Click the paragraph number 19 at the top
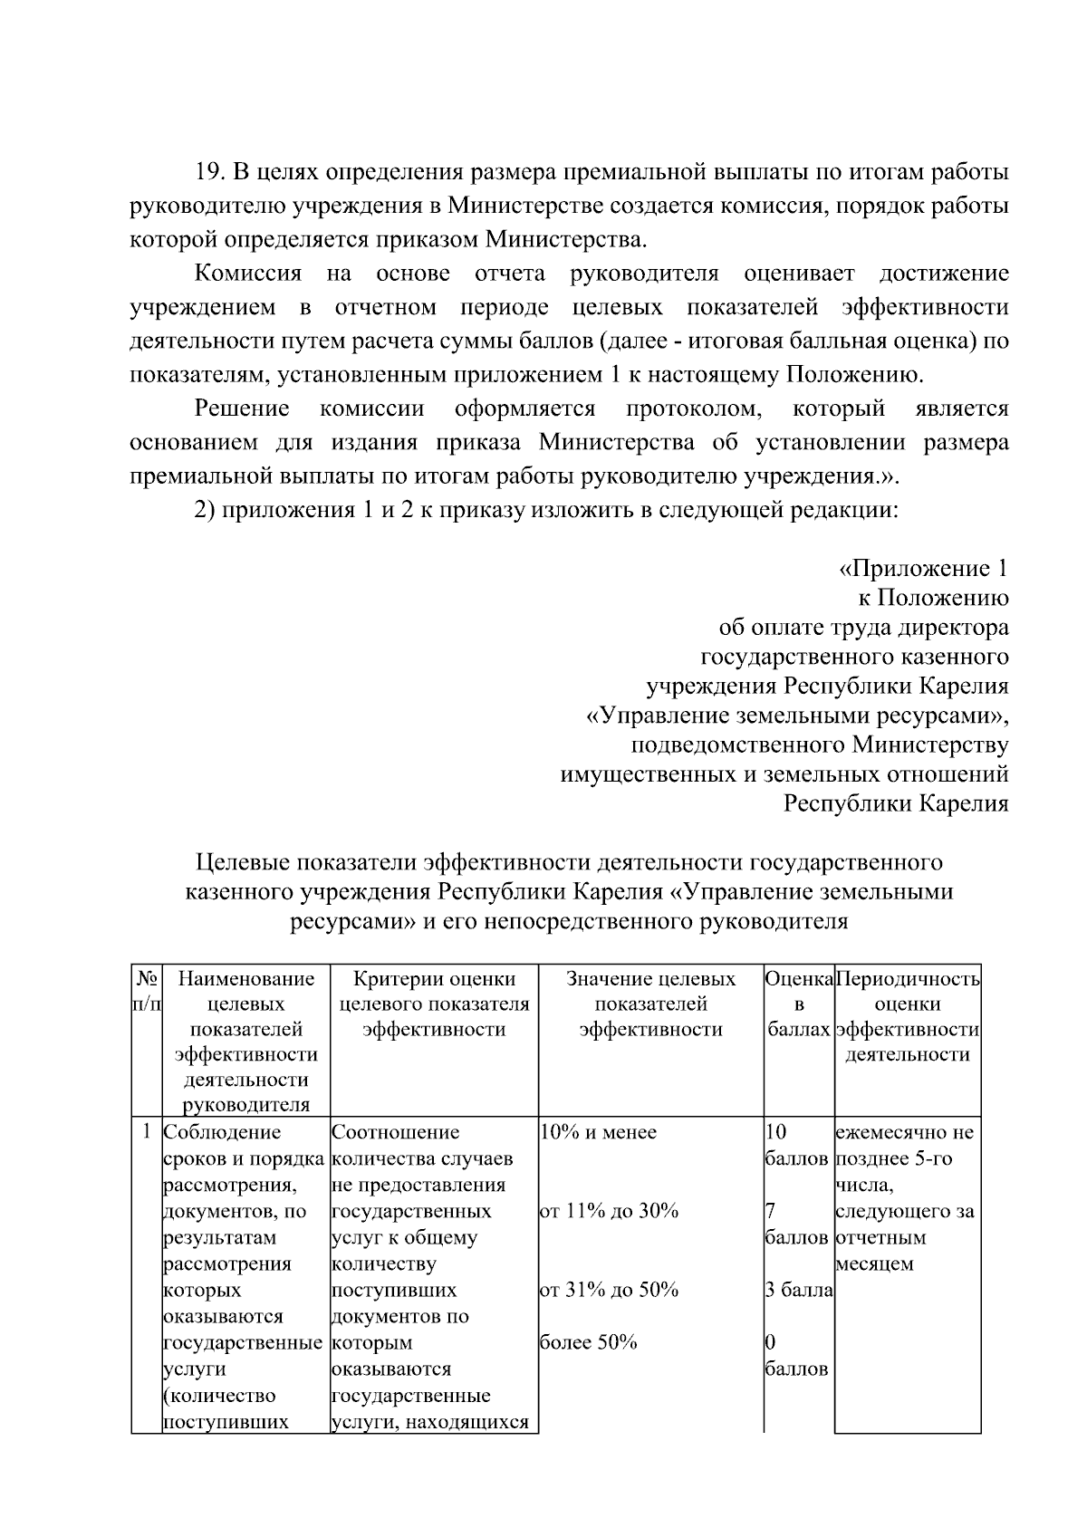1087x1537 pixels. tap(210, 172)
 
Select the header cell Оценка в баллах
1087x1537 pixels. tap(798, 1004)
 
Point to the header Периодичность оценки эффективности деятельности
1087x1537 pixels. tap(907, 1016)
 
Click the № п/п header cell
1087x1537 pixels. tap(147, 991)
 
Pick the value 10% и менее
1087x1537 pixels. tap(598, 1132)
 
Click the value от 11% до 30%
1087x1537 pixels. tap(609, 1211)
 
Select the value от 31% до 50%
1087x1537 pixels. tap(609, 1290)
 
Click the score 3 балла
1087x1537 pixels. tap(798, 1290)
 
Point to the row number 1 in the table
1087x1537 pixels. tap(147, 1132)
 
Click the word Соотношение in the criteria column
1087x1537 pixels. tap(396, 1132)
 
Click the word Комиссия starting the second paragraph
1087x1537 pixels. tap(248, 274)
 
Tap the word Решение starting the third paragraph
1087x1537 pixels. tap(242, 408)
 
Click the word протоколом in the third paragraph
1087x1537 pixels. tap(693, 408)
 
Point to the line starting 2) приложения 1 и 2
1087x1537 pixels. tap(546, 510)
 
